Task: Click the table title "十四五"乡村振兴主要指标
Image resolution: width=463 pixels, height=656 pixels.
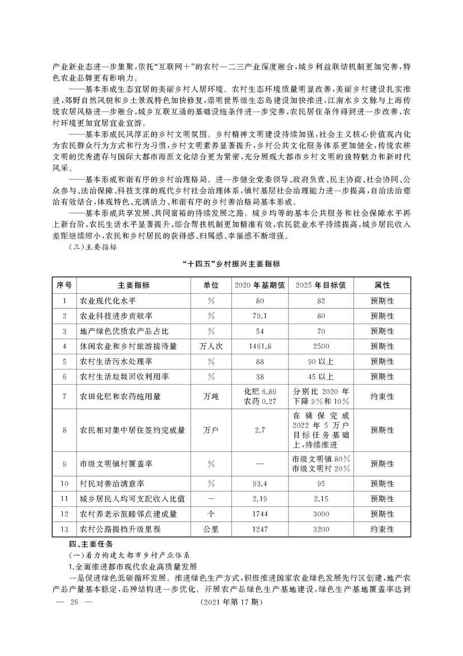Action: tap(232, 264)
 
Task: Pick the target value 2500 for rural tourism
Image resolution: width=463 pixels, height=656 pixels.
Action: tap(320, 347)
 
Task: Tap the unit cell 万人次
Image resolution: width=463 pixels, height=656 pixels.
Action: tap(211, 347)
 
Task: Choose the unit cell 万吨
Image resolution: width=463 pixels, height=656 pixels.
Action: tap(211, 396)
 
